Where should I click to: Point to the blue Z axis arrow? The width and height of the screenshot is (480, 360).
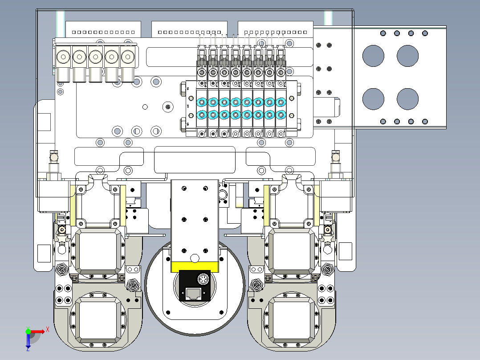28,342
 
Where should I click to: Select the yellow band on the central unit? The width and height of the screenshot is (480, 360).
195,267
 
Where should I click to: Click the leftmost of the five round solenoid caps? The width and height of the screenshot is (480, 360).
63,57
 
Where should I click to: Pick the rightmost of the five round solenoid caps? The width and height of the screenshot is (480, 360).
127,57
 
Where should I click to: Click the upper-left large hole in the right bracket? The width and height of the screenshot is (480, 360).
373,56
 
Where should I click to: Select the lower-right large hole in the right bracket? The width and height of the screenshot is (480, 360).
407,99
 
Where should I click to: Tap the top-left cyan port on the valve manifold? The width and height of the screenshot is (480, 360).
201,102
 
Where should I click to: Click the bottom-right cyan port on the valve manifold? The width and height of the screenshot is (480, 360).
281,115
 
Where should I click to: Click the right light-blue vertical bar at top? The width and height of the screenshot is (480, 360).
329,18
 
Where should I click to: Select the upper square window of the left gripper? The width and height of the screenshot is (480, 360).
99,251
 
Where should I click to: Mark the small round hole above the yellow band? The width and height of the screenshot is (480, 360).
194,258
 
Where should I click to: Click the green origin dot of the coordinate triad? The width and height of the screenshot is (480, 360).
28,331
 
